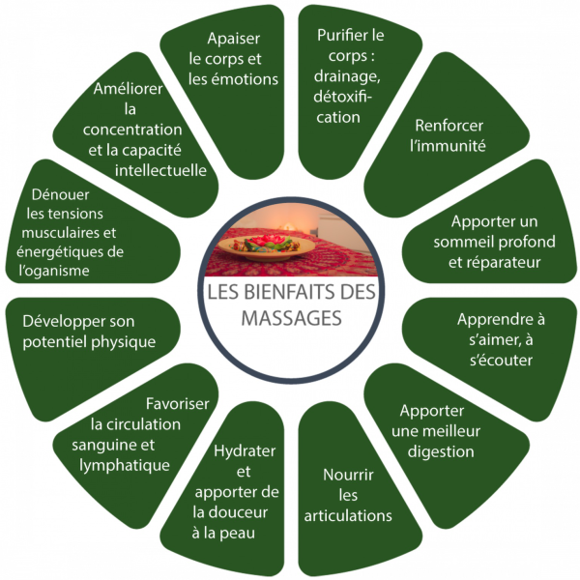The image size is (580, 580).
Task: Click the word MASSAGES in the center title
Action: tap(292, 318)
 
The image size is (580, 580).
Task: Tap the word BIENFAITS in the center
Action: tap(289, 292)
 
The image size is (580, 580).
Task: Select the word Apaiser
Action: tap(233, 39)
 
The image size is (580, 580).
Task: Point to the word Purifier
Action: tap(339, 35)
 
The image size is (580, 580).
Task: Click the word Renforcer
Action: tap(449, 126)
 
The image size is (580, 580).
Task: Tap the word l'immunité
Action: tap(448, 146)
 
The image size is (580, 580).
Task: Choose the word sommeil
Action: tap(462, 242)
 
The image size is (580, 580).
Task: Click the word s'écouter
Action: tap(501, 360)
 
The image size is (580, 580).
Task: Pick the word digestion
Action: tap(441, 452)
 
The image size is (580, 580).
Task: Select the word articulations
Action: tap(348, 515)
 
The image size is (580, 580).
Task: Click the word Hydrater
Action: tap(245, 451)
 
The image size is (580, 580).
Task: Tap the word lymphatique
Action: tap(125, 466)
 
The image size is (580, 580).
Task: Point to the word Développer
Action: tap(61, 322)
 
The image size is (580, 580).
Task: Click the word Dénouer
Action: tap(60, 194)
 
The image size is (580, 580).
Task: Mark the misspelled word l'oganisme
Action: tap(54, 271)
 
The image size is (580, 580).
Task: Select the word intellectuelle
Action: tap(160, 170)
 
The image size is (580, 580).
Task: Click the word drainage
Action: tap(347, 77)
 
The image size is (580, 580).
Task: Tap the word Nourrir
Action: tap(348, 475)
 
